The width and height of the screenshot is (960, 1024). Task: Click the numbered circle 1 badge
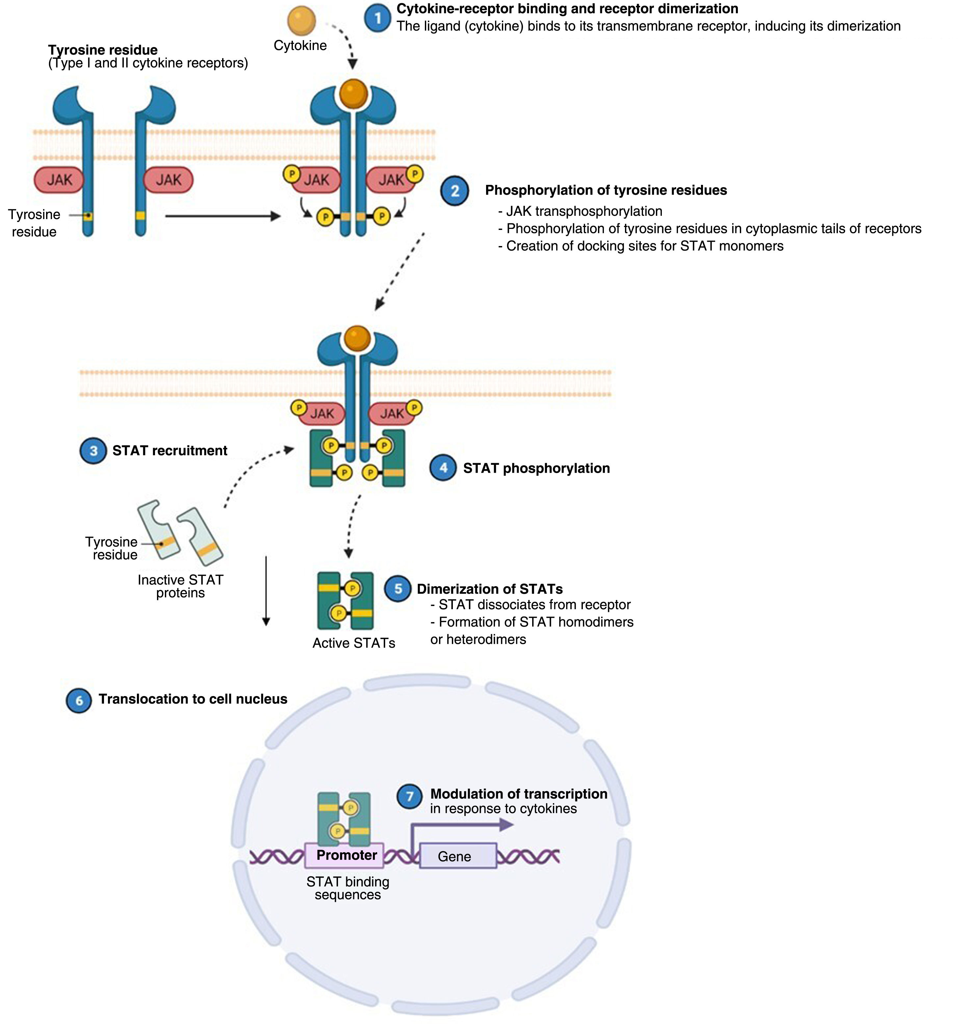click(378, 18)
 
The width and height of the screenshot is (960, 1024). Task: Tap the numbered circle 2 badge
click(454, 191)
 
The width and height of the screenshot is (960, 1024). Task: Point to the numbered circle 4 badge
click(443, 468)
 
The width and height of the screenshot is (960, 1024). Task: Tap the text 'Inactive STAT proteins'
click(180, 586)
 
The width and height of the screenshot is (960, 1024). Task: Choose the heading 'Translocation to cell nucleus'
click(193, 699)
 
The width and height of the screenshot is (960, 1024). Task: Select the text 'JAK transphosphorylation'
click(584, 211)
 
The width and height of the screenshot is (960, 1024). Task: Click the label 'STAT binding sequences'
click(348, 888)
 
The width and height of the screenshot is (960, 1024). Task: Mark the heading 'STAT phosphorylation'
click(536, 468)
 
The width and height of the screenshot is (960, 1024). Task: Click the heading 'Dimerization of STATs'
click(489, 589)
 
